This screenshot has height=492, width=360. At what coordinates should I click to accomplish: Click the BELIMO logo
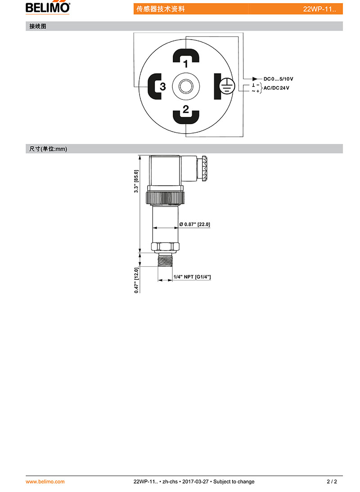(48, 7)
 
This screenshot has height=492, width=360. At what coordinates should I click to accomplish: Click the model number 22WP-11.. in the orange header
(319, 9)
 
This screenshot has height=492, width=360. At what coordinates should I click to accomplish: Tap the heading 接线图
(38, 27)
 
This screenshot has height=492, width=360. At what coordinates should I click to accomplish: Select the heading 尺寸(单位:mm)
(48, 149)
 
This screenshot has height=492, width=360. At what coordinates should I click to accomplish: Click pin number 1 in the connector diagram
(185, 64)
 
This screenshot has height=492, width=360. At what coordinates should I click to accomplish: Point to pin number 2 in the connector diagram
(186, 109)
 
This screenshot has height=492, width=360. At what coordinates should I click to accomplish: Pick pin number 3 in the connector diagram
(162, 86)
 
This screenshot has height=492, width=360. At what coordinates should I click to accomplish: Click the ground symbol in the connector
(227, 86)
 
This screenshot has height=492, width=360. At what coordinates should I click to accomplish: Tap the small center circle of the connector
(186, 86)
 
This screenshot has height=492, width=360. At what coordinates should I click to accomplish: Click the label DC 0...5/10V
(278, 79)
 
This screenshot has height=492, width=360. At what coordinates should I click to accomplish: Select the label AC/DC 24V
(276, 88)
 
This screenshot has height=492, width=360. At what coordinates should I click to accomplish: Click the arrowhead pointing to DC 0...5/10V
(255, 79)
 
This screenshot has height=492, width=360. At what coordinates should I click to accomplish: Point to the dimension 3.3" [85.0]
(136, 181)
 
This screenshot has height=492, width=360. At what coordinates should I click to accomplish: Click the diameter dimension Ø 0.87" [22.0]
(194, 224)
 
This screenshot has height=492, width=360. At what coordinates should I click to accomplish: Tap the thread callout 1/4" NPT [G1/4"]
(192, 277)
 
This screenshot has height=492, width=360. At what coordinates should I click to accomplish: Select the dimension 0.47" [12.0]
(136, 280)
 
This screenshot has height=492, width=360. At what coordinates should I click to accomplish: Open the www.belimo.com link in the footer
(45, 482)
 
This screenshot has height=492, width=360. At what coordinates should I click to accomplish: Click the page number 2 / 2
(332, 482)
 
